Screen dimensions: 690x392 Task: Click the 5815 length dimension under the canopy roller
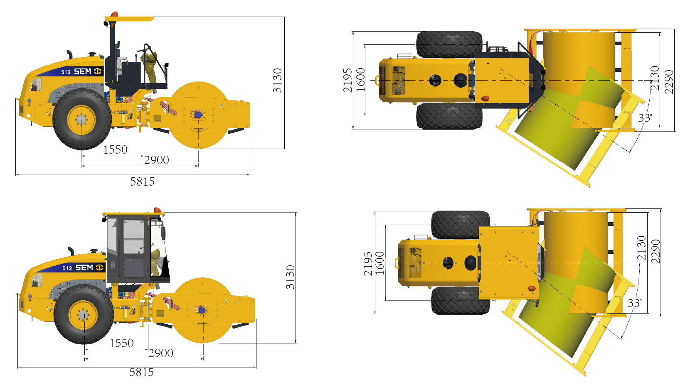click(x=142, y=181)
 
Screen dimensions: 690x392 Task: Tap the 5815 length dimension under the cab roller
click(x=141, y=372)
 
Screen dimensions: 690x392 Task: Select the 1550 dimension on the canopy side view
click(x=115, y=149)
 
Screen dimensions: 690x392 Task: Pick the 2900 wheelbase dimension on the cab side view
click(x=161, y=353)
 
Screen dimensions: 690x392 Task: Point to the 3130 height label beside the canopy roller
click(x=278, y=80)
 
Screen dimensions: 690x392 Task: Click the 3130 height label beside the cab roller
click(x=290, y=277)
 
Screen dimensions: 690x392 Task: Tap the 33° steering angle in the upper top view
click(x=645, y=118)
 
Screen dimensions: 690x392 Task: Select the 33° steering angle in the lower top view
click(x=635, y=303)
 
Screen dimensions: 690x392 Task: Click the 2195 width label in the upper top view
click(x=347, y=80)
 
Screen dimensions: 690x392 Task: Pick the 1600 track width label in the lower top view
click(x=380, y=263)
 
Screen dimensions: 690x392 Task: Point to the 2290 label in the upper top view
click(x=669, y=82)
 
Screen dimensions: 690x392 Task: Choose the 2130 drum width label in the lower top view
click(x=642, y=248)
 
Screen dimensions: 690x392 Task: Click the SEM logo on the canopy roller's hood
click(x=88, y=71)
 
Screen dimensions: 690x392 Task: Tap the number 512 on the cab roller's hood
click(x=67, y=268)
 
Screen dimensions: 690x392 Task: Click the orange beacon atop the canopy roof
click(x=114, y=14)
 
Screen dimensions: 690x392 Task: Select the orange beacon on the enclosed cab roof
click(x=158, y=210)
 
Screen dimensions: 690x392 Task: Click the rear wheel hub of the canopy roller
click(x=81, y=120)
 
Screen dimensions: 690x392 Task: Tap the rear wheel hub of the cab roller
click(x=83, y=315)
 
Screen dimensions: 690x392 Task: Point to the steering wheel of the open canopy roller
click(x=145, y=49)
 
